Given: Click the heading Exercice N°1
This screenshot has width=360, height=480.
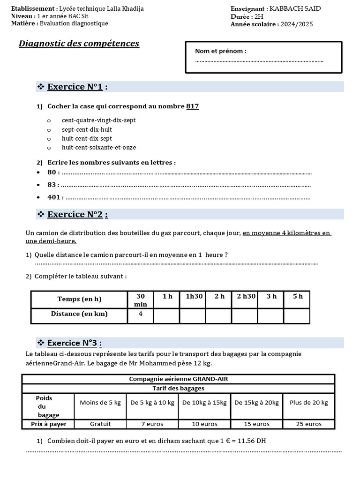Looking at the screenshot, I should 78,87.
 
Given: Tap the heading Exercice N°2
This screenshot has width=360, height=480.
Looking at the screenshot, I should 78,214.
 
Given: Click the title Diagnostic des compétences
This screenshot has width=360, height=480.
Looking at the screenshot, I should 79,44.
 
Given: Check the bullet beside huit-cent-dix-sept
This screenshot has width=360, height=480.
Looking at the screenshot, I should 49,139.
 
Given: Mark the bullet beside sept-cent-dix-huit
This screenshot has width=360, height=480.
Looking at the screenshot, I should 49,130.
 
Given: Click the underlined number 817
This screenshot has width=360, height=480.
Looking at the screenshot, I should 193,106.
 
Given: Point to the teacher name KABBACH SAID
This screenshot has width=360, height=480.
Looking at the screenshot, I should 295,9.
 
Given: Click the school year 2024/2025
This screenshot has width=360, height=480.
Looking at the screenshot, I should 297,24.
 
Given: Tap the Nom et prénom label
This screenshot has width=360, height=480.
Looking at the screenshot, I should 221,51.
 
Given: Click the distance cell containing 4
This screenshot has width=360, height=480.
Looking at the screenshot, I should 141,314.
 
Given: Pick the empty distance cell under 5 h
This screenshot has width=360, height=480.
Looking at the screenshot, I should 297,316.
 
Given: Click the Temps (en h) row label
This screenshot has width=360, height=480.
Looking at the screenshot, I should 79,299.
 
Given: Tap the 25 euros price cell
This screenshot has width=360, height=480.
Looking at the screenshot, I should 309,424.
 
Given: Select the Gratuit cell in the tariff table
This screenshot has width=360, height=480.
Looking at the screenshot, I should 100,424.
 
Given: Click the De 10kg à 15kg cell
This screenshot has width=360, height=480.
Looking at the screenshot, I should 204,403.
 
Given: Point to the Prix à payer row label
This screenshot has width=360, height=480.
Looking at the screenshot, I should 48,424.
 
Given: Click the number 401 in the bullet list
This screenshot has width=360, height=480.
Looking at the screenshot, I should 54,197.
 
